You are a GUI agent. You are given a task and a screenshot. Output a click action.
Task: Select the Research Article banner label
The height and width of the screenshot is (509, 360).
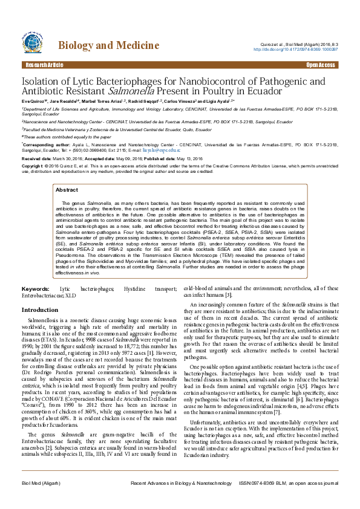[x=44, y=65]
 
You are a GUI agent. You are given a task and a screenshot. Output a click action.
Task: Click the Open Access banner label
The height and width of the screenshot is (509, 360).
[x=321, y=65]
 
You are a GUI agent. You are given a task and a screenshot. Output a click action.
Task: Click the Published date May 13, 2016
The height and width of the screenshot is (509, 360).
[x=189, y=158]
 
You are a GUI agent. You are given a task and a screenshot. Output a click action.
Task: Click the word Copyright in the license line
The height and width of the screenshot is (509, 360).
[x=33, y=166]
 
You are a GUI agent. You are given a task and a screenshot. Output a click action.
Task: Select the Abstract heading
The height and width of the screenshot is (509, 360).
[x=67, y=190]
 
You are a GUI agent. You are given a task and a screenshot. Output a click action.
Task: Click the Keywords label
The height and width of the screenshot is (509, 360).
[x=36, y=290]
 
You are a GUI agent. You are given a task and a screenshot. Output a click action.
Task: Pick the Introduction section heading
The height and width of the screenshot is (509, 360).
[x=40, y=310]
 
